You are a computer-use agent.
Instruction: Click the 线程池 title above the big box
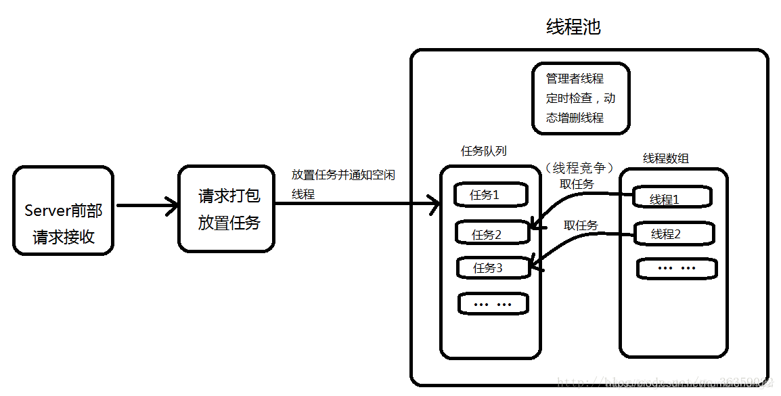pos(573,27)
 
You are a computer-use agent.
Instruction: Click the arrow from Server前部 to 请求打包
pos(146,205)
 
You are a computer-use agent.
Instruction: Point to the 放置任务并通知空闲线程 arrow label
pos(342,184)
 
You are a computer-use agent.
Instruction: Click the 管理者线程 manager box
pos(581,98)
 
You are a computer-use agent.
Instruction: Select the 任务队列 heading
pos(483,151)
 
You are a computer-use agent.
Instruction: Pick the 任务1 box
pos(491,195)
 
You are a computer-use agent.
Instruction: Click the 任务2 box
pos(492,234)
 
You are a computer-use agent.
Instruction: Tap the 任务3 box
pos(493,267)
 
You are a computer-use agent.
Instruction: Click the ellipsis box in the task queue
pos(493,304)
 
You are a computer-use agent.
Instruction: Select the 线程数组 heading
pos(665,158)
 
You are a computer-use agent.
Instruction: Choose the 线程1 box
pos(671,198)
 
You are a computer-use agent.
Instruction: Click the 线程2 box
pos(674,234)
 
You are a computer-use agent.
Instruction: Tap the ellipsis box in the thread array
pos(677,269)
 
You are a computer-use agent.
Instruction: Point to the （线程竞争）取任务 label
pos(578,175)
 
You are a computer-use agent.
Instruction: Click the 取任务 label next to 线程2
pos(581,225)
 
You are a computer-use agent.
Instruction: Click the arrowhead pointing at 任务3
pos(536,267)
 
